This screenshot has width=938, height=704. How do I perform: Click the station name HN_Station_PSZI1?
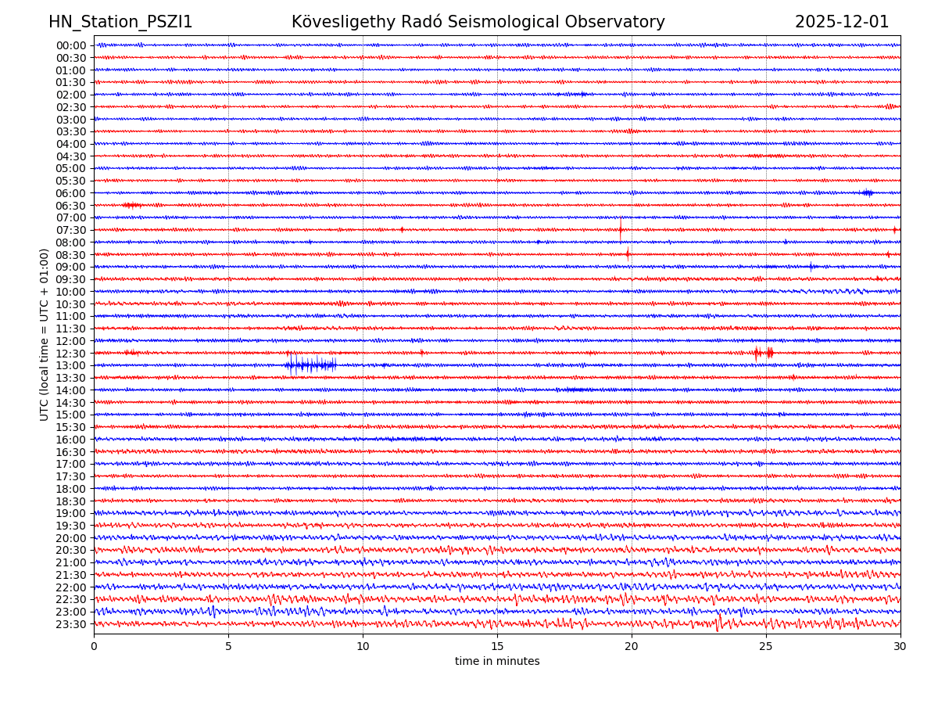120,22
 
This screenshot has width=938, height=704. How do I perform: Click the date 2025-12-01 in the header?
842,22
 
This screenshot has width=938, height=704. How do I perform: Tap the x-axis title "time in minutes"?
497,661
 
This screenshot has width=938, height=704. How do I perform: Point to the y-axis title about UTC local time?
45,334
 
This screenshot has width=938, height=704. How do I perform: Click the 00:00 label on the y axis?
71,45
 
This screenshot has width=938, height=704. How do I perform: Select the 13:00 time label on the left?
71,365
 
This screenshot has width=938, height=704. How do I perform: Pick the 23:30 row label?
71,624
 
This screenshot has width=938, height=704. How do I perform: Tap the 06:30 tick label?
71,205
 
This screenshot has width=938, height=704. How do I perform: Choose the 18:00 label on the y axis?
71,489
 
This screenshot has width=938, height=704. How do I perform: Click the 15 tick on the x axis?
497,647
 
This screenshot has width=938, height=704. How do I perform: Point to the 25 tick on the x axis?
766,647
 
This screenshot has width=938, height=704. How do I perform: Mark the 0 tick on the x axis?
94,647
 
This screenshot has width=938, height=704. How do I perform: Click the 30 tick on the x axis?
900,647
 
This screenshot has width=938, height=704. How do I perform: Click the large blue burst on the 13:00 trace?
310,365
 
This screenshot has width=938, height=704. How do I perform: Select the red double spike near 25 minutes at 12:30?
763,353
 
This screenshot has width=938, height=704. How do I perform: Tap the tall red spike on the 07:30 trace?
621,229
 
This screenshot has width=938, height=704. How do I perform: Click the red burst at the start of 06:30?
131,205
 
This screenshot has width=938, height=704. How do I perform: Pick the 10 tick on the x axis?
363,647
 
